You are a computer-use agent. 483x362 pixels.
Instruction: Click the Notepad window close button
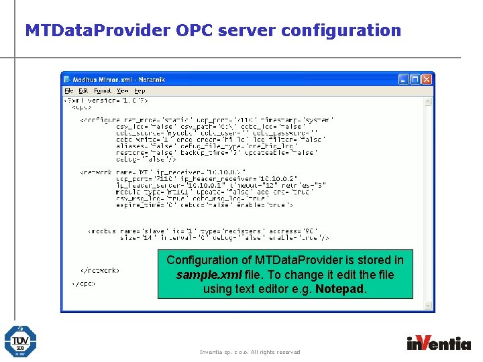(x=427, y=79)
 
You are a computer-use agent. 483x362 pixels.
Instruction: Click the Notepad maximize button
(x=415, y=79)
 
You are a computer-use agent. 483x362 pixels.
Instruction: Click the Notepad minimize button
(x=404, y=79)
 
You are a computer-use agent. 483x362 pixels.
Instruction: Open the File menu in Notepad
(x=68, y=90)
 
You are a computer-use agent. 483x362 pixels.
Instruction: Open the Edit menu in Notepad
(x=83, y=90)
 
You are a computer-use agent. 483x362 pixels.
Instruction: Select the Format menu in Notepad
(x=103, y=90)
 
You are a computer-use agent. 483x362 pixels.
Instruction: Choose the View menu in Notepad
(x=123, y=90)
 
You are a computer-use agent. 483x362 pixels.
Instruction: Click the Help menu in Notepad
(x=140, y=90)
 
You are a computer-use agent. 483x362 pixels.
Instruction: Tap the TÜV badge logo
(x=20, y=341)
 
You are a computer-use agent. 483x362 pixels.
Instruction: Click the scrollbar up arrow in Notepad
(x=429, y=101)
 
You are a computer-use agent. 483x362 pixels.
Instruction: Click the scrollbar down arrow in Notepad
(x=429, y=307)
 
